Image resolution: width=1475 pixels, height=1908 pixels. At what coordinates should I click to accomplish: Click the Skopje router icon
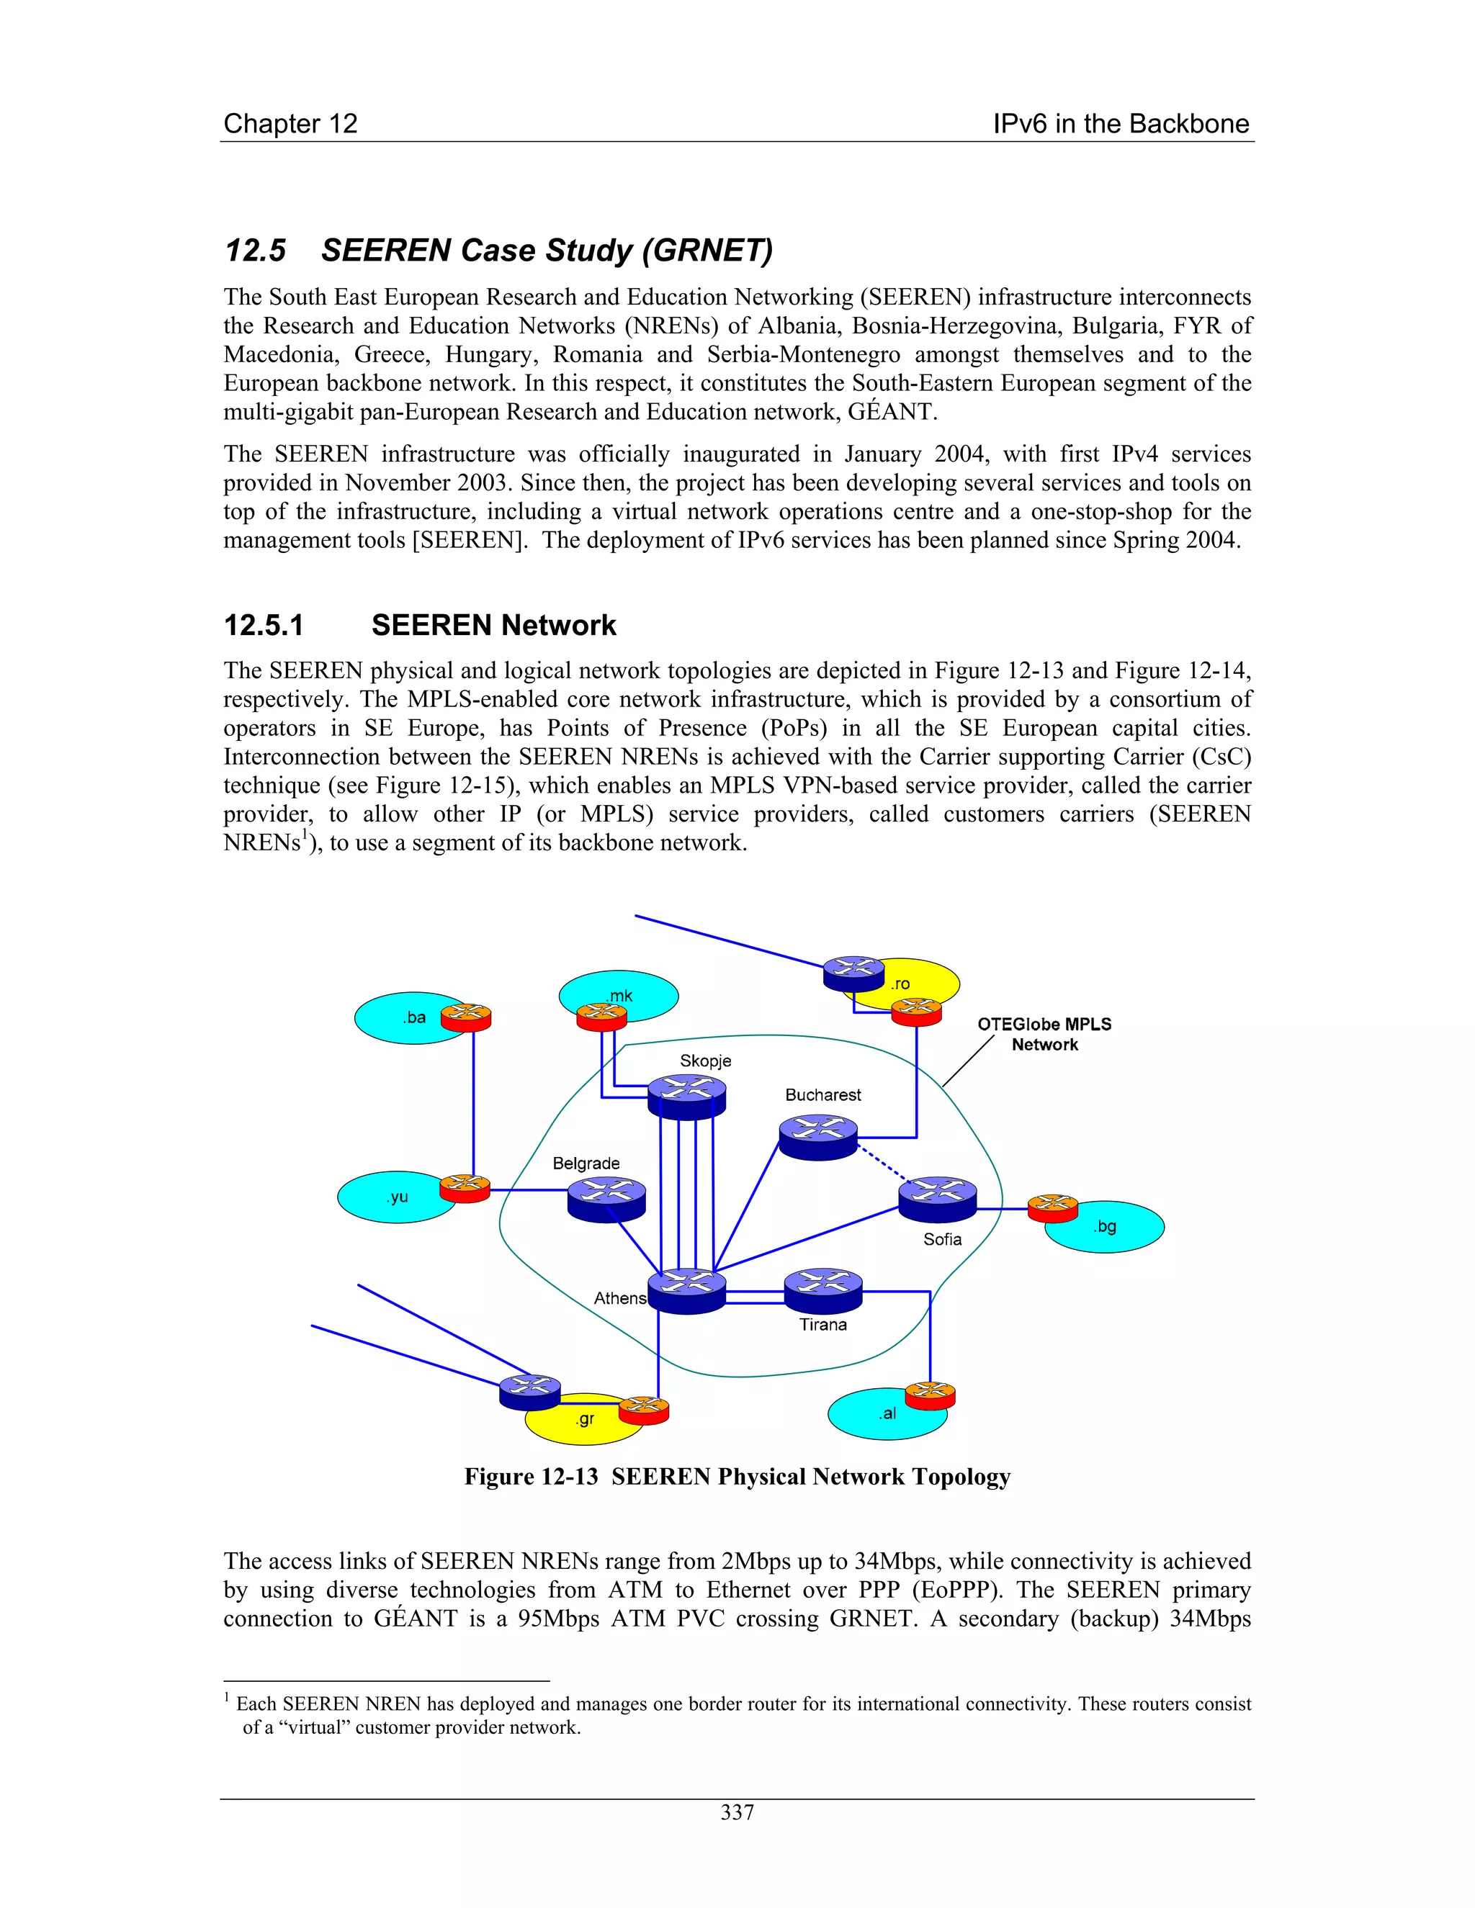tap(687, 1097)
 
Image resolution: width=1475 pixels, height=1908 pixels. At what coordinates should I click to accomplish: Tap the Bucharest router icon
tap(818, 1138)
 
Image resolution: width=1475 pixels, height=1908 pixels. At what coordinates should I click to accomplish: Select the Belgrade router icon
tap(606, 1200)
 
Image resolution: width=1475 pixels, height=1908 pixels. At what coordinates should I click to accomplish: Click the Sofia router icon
tap(938, 1199)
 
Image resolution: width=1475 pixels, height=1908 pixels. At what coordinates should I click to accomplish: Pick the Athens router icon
tap(687, 1290)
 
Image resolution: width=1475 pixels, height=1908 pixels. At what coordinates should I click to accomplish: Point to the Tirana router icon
tap(823, 1290)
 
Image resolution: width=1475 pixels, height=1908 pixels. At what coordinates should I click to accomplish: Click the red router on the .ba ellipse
tap(466, 1018)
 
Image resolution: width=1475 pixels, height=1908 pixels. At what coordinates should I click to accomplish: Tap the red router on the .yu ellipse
tap(465, 1189)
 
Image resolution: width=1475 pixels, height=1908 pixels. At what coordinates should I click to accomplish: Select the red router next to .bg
tap(1052, 1208)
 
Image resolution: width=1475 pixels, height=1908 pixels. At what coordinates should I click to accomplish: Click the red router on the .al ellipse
tap(930, 1395)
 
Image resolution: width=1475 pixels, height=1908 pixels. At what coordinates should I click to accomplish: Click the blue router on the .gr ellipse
tap(529, 1392)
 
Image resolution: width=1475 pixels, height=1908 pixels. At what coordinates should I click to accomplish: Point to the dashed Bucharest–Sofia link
tap(884, 1164)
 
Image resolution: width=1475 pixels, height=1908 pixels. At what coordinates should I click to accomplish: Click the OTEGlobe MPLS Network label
tap(1044, 1035)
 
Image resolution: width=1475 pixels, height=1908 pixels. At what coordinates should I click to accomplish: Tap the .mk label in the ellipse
tap(619, 996)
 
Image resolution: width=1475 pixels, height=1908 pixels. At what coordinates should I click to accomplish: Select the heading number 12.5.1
tap(264, 626)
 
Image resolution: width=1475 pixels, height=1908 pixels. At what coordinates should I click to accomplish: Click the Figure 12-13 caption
tap(737, 1477)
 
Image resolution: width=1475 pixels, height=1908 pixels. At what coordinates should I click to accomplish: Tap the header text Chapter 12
tap(290, 124)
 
